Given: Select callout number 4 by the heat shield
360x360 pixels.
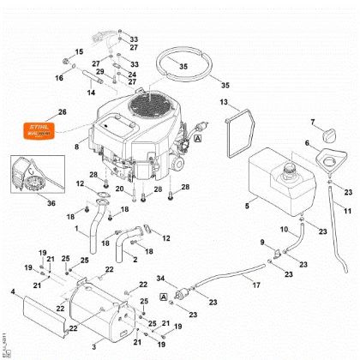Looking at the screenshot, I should click(11, 292).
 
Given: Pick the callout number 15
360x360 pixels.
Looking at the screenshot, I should click(79, 52).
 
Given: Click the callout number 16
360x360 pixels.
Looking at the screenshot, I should click(61, 78).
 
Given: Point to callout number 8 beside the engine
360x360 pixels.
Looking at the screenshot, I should click(76, 147).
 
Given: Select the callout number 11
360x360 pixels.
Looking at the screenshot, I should click(347, 211).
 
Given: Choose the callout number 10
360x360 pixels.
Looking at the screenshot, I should click(285, 231).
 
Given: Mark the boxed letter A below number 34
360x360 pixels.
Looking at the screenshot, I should click(162, 296).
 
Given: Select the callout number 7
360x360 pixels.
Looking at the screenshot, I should click(313, 121).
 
